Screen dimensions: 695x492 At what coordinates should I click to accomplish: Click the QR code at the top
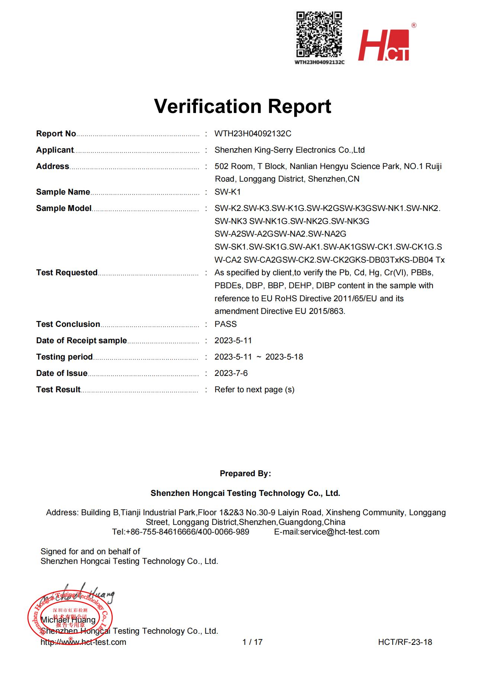tap(319, 34)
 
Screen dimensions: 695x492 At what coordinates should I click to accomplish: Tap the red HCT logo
tap(383, 45)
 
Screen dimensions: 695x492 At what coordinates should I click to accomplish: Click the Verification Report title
tap(242, 106)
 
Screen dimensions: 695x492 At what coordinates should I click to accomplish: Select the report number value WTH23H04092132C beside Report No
tap(253, 134)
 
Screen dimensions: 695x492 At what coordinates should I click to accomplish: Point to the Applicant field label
tap(55, 150)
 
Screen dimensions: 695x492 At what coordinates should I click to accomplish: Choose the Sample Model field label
tap(64, 208)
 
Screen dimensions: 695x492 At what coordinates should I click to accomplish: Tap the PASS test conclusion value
tap(225, 324)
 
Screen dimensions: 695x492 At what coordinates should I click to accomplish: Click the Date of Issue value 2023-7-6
tap(231, 373)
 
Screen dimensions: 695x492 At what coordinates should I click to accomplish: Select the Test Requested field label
tap(67, 273)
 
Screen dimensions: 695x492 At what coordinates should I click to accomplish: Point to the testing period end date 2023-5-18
tap(284, 357)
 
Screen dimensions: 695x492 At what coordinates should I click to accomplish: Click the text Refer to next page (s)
tap(254, 390)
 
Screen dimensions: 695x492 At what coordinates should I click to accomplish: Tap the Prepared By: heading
tap(245, 474)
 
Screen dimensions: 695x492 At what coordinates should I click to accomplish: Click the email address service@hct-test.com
tap(340, 532)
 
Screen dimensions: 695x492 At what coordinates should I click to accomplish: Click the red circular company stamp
tap(70, 618)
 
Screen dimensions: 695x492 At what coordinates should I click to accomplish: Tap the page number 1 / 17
tap(252, 642)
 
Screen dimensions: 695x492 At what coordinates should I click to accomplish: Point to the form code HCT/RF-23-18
tap(405, 642)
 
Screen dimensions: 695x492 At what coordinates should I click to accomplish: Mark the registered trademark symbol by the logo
tap(414, 25)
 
